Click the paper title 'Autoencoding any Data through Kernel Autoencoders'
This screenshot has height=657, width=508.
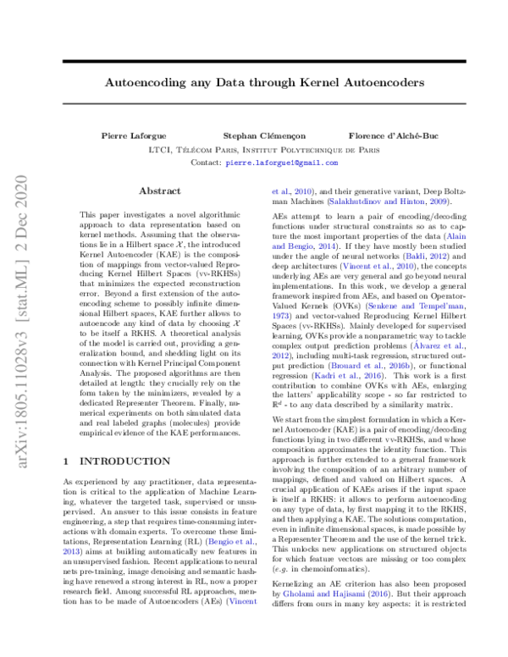point(253,85)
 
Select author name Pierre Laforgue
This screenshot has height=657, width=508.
point(124,135)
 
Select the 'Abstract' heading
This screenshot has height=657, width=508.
point(159,191)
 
